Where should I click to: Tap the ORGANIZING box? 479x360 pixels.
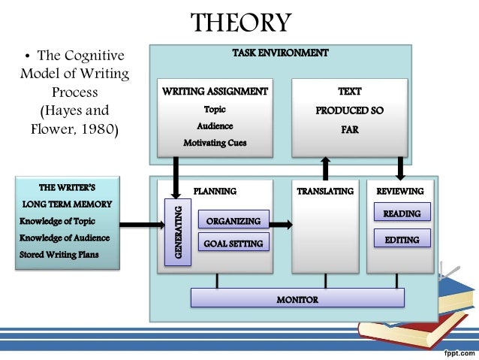click(x=233, y=221)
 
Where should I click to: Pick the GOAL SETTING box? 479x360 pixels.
click(x=233, y=243)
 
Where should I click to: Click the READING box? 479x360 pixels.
click(x=402, y=213)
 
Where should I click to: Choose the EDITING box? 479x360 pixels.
click(x=402, y=240)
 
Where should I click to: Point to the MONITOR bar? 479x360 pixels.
click(x=297, y=299)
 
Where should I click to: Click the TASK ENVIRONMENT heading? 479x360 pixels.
click(x=281, y=53)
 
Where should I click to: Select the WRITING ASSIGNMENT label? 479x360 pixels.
click(x=215, y=92)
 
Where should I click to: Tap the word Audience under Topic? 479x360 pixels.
click(x=215, y=126)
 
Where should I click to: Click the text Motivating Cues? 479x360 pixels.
click(x=215, y=142)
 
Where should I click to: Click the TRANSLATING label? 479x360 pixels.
click(x=324, y=191)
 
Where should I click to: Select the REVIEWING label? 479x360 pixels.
click(x=399, y=191)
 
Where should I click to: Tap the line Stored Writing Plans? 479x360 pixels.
click(x=59, y=254)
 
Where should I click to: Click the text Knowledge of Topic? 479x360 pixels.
click(x=59, y=221)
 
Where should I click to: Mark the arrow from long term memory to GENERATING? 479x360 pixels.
click(x=141, y=222)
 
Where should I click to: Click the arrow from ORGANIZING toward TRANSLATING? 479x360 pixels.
click(x=281, y=224)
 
